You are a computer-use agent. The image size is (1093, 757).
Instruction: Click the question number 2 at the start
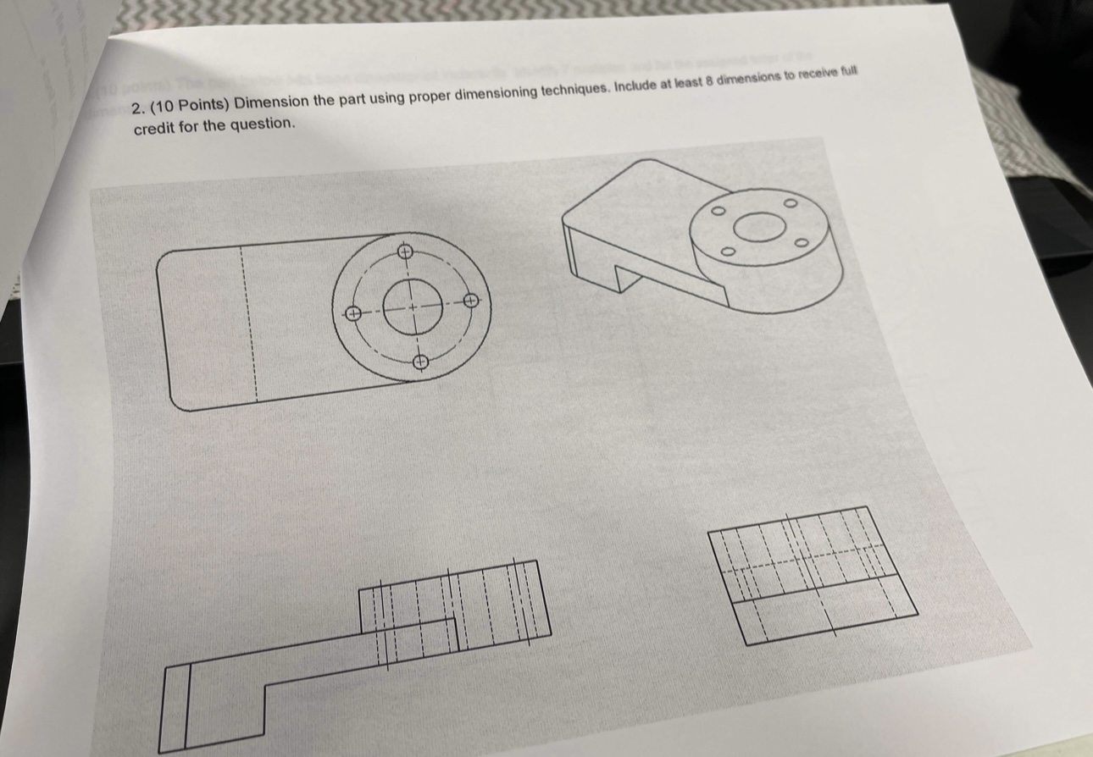click(x=138, y=108)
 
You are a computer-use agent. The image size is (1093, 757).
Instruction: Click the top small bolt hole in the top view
click(x=405, y=251)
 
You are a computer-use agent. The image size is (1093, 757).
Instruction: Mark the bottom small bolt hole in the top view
click(x=420, y=362)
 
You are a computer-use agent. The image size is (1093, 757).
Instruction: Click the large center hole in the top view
click(x=413, y=306)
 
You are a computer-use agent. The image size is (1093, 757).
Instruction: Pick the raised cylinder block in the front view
click(x=453, y=597)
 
